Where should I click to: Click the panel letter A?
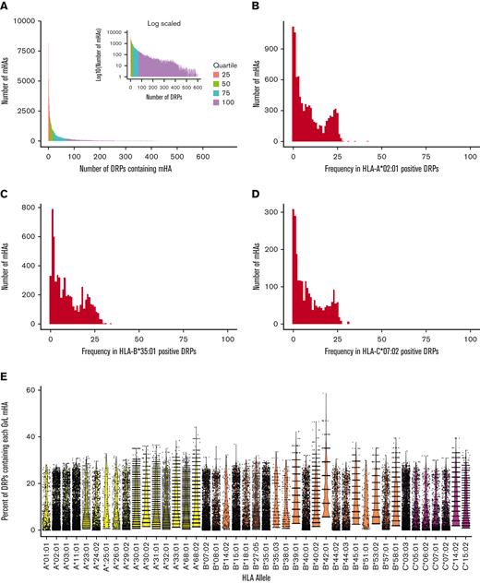point(6,6)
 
